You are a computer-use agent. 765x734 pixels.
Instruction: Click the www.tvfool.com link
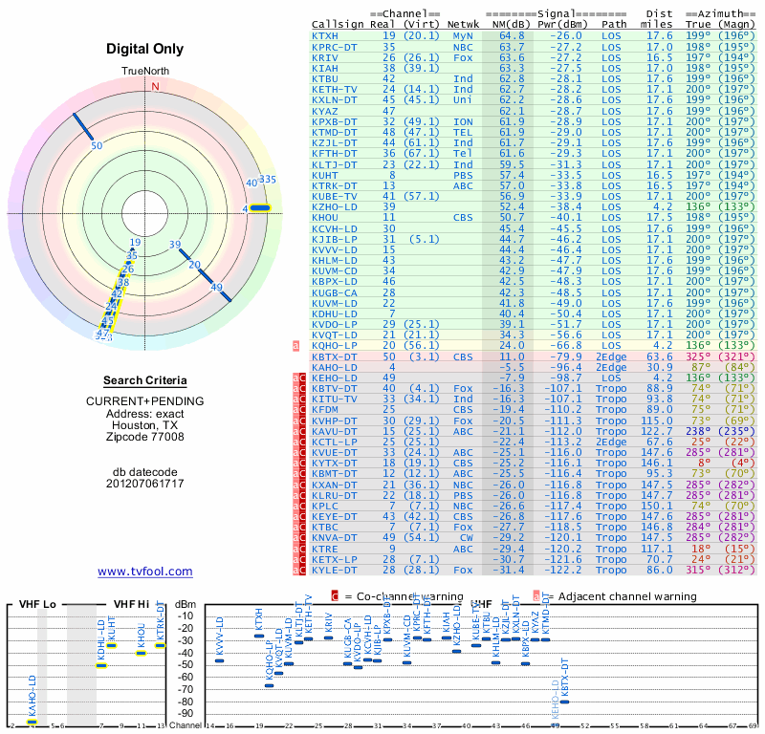pos(145,572)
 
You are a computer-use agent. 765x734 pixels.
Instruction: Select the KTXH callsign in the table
pos(325,35)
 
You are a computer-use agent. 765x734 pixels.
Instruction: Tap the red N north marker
pos(155,86)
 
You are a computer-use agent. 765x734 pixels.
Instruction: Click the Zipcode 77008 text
pos(145,438)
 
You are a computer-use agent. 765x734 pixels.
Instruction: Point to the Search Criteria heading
pos(145,380)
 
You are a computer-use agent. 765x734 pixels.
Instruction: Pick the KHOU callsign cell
pos(325,217)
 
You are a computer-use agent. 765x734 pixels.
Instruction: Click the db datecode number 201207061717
pos(145,484)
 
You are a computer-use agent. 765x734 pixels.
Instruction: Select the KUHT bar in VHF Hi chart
pos(112,645)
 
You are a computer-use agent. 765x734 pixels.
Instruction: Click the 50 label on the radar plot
pos(96,145)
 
